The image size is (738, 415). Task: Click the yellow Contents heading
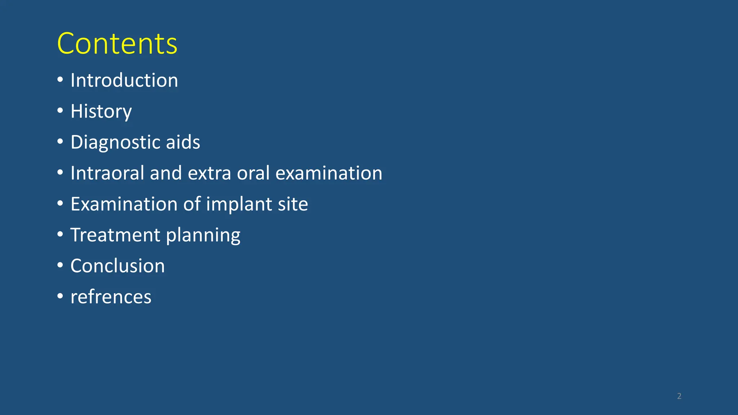point(117,44)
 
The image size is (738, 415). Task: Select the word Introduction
point(124,80)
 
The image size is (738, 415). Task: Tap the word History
point(101,111)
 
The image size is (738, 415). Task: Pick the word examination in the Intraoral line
point(329,173)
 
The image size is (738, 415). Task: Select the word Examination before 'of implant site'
point(124,204)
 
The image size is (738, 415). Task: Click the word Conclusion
point(117,266)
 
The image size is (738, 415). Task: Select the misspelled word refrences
point(111,297)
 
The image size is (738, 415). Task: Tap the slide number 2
point(679,396)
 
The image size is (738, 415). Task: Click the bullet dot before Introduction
point(60,80)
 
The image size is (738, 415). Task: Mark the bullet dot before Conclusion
point(60,265)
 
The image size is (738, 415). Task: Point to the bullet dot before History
point(60,111)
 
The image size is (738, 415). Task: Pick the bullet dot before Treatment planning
point(60,235)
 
